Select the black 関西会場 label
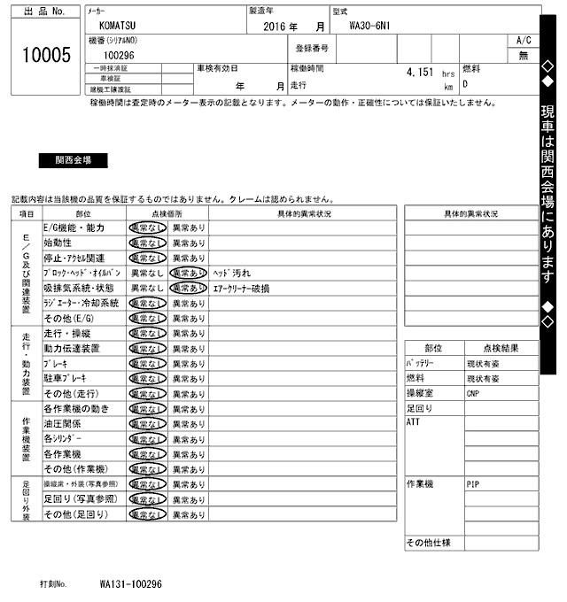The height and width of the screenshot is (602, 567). click(x=73, y=161)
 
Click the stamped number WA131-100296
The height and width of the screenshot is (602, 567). click(x=131, y=584)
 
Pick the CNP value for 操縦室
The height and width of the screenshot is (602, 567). click(x=473, y=394)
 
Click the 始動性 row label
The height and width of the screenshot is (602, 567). click(x=59, y=243)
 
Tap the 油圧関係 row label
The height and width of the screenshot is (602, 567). click(x=63, y=424)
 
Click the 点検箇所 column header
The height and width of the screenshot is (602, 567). click(x=166, y=213)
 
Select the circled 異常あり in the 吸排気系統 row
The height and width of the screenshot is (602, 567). click(x=188, y=289)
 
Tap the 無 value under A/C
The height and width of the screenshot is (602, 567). click(x=523, y=55)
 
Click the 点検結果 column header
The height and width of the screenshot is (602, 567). click(x=501, y=349)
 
